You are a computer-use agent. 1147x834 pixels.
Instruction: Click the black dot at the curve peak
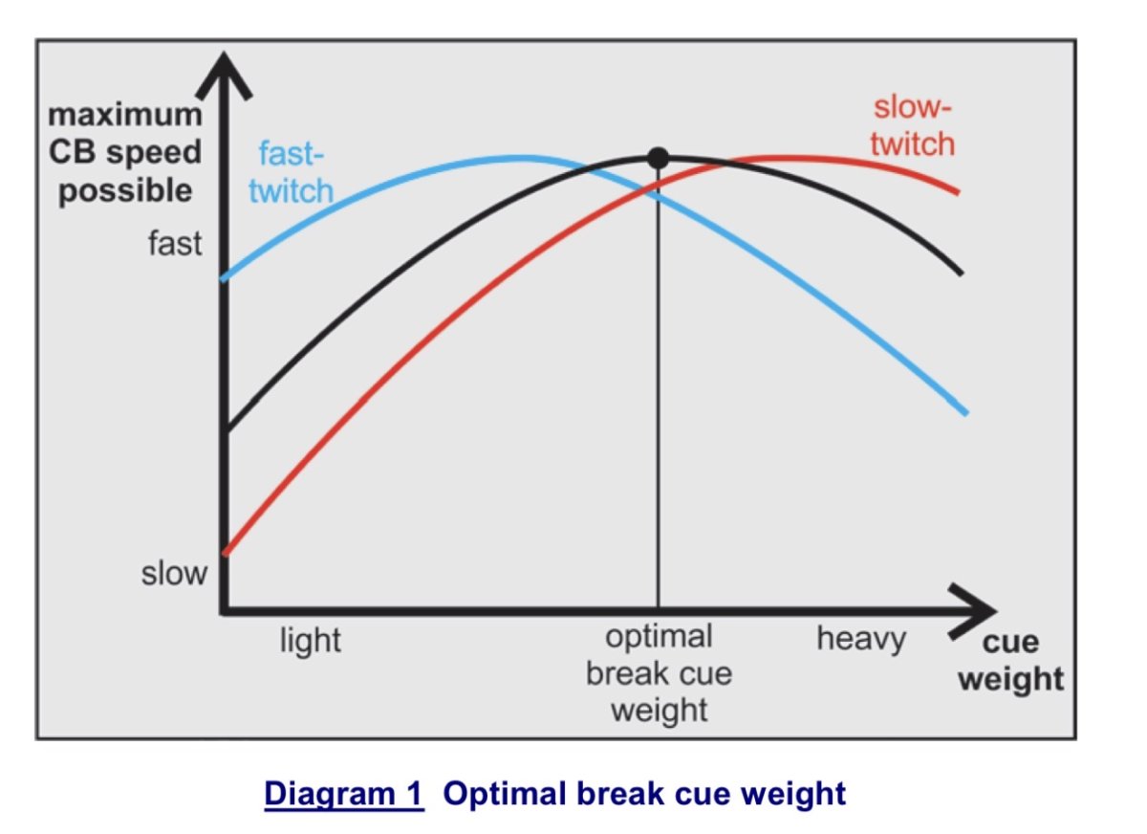658,158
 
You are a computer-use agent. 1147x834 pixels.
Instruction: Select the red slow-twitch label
913,125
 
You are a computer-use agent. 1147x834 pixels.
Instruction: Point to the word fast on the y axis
175,243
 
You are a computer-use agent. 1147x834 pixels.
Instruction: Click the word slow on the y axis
174,574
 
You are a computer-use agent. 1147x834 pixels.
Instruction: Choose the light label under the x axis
310,640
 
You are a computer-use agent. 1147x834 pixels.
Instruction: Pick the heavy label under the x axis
861,638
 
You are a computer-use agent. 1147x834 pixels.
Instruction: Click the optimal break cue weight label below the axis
659,673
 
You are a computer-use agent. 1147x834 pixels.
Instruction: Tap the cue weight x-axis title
1010,661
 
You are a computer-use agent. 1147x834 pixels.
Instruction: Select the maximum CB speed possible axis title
125,153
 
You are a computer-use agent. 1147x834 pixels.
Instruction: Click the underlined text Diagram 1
343,794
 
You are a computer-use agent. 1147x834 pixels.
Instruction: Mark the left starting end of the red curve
225,552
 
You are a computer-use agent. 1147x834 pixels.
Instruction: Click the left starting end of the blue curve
225,278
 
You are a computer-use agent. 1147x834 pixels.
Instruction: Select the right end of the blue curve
966,413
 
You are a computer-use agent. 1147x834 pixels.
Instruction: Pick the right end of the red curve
957,192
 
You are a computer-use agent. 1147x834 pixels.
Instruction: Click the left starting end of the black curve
225,429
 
